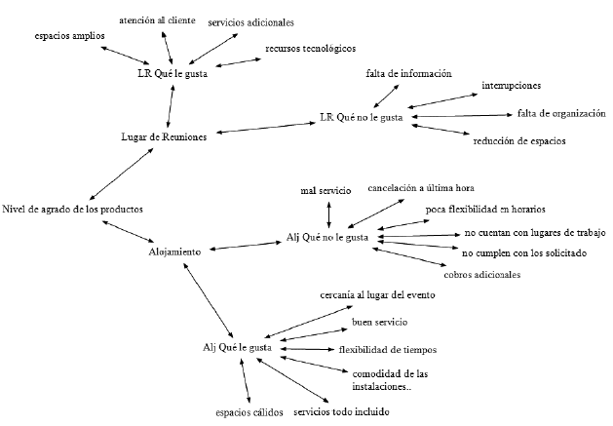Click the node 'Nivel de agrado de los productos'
pos(73,210)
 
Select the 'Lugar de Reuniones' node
pos(163,137)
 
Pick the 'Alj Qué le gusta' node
pos(238,348)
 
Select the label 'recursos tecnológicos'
pos(311,48)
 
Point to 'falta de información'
pos(409,74)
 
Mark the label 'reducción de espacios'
pos(518,141)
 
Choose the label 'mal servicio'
pos(326,191)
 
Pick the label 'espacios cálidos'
pos(249,411)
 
